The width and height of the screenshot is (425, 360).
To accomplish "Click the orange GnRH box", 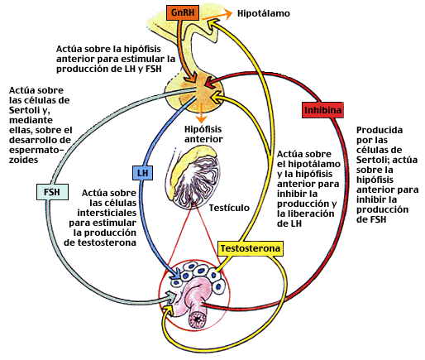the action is (183, 12).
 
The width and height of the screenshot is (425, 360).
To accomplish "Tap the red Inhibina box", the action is (322, 110).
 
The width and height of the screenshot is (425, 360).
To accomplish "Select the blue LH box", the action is (142, 173).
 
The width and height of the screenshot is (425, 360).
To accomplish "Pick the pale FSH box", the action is (52, 192).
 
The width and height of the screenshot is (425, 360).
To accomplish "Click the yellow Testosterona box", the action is (251, 248).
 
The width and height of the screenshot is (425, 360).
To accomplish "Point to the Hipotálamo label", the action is (264, 13).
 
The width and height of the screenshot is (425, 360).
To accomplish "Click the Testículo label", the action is (229, 208).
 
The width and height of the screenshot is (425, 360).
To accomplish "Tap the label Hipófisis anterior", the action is (203, 134).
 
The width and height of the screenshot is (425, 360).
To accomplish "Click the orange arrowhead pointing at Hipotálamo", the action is (228, 14).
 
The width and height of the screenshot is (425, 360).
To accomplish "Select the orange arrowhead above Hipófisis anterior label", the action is (202, 118).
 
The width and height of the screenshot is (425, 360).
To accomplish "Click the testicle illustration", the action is (193, 177).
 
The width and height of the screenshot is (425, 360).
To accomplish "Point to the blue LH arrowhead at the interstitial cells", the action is (176, 275).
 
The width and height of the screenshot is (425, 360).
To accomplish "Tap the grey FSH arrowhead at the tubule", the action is (171, 296).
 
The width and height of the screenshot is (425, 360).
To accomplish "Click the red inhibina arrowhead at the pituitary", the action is (209, 83).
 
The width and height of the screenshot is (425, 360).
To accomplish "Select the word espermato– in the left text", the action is (36, 150).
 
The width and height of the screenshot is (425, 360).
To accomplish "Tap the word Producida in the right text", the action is (380, 130).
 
